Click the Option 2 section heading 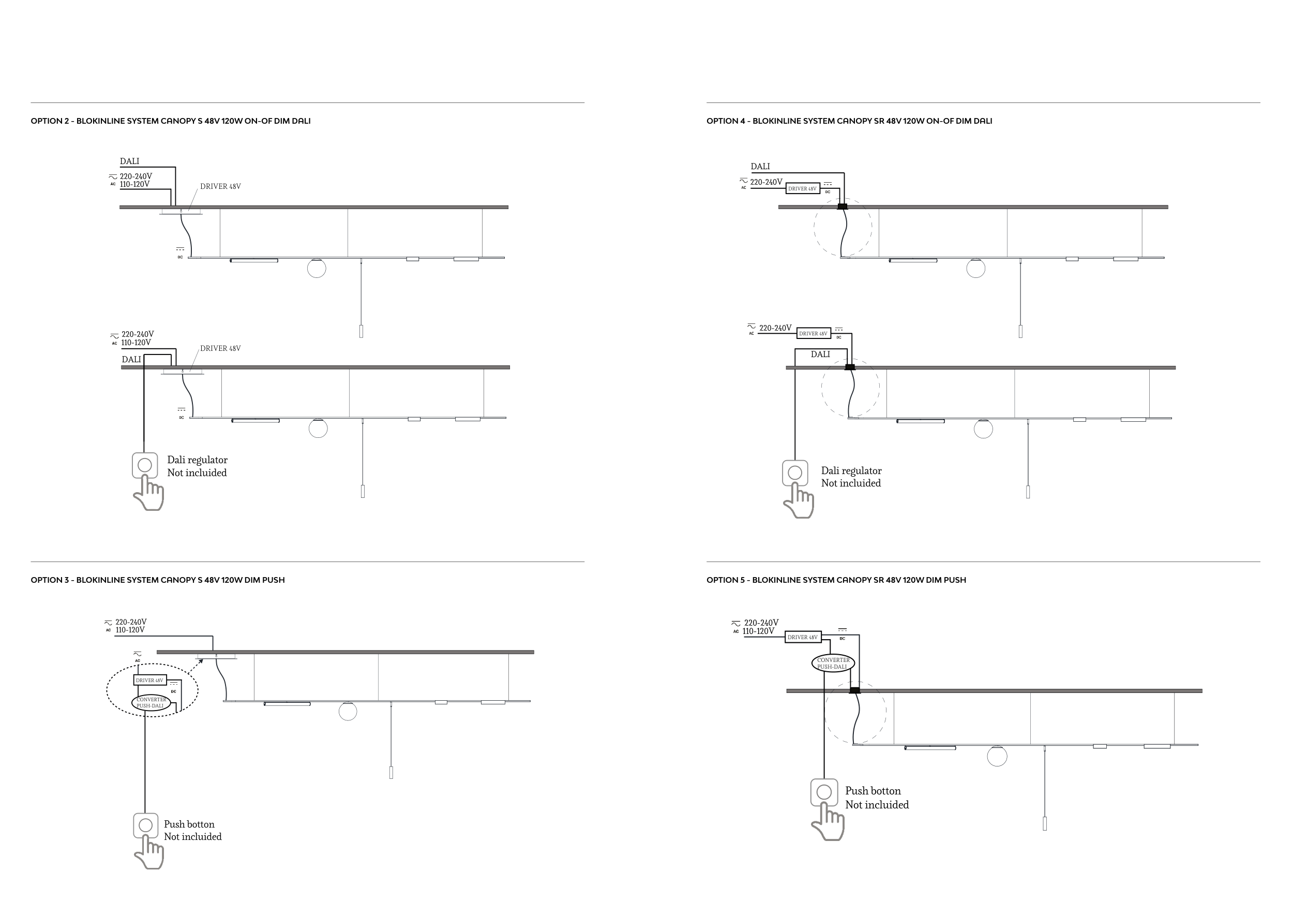pos(170,121)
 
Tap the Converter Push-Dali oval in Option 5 pos(833,663)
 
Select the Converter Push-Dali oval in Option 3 pos(151,703)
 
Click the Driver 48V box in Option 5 pos(803,637)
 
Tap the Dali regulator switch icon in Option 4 pos(794,473)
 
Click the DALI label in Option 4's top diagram pos(760,167)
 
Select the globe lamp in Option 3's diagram pos(348,712)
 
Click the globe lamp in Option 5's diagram pos(997,757)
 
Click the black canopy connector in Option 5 pos(854,690)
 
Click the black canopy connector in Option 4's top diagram pos(843,207)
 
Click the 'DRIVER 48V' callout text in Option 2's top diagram pos(220,186)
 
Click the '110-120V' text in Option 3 pos(130,630)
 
